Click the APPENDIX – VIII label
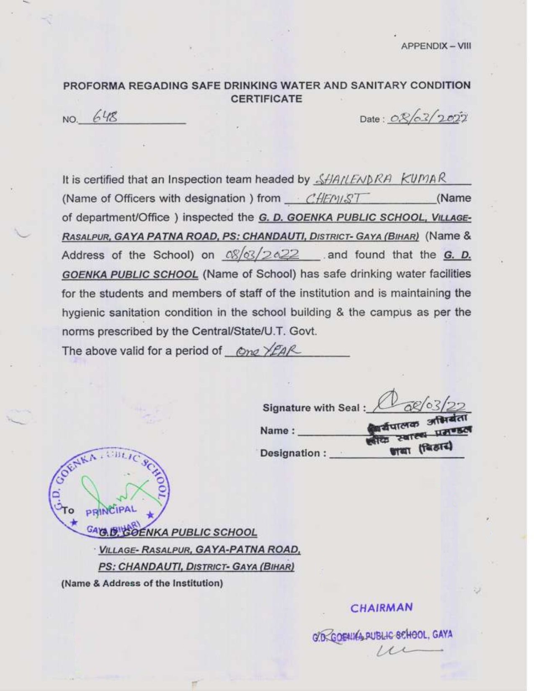click(436, 46)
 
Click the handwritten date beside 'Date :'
click(428, 119)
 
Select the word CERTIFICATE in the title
click(266, 99)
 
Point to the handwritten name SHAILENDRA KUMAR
click(380, 179)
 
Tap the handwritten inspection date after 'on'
click(262, 254)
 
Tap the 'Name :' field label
click(277, 431)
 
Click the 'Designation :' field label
click(293, 453)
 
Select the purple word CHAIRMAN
click(381, 608)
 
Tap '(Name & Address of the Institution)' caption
click(142, 583)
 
